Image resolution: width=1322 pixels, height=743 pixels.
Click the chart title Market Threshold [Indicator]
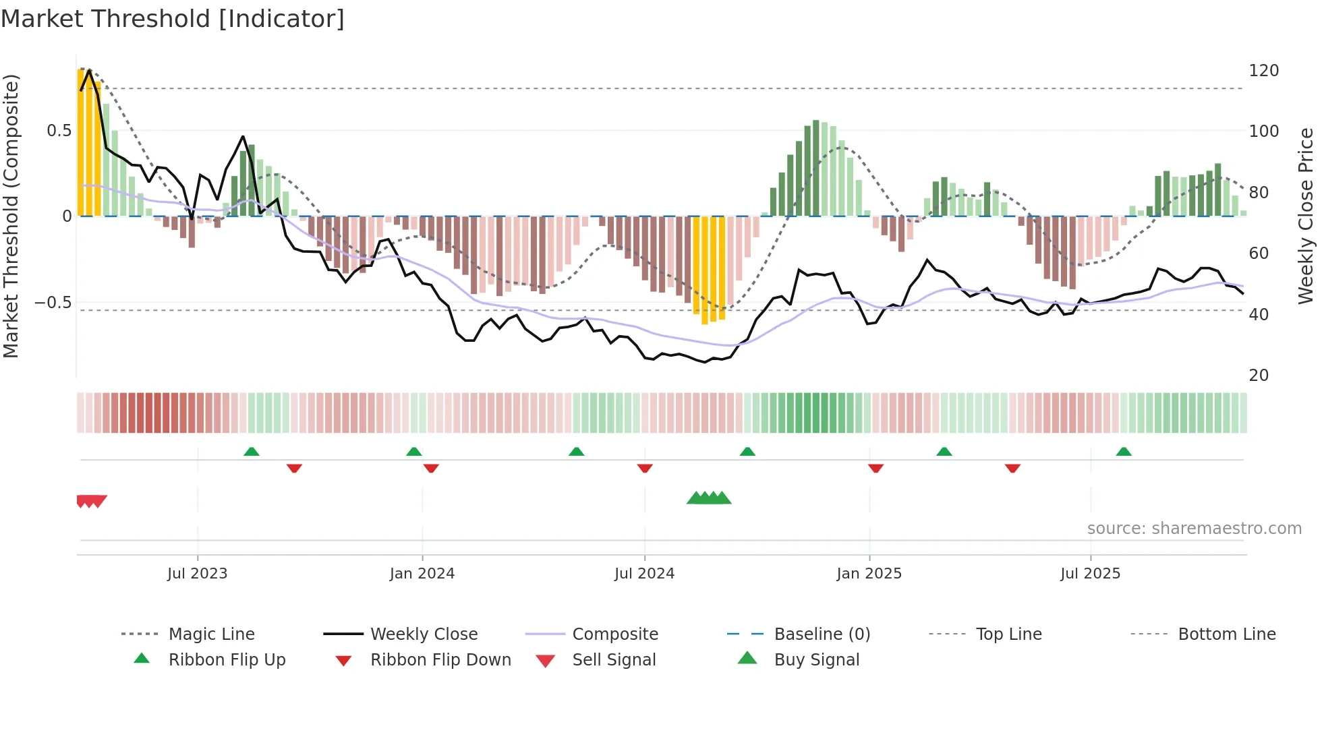tap(173, 19)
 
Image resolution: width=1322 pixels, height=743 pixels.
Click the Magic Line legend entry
tap(211, 634)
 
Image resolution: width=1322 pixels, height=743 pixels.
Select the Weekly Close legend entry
tap(424, 634)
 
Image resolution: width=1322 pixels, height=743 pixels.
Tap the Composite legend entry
tap(614, 634)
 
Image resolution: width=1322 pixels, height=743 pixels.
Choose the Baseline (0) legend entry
tap(822, 634)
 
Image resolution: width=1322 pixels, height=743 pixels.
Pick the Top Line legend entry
tap(1008, 634)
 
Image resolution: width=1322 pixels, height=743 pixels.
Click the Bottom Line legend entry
tap(1226, 634)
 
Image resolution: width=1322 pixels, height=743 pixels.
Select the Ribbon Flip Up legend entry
tap(227, 659)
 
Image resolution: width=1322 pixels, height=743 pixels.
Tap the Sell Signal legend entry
tap(613, 659)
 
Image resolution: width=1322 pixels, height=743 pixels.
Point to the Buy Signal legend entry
tap(816, 659)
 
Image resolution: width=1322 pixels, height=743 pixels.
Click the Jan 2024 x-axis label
tap(422, 573)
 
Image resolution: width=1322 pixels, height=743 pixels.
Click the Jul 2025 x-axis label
tap(1090, 573)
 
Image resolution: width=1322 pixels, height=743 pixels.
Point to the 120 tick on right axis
tap(1263, 71)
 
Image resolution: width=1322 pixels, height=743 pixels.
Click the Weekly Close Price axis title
tap(1306, 216)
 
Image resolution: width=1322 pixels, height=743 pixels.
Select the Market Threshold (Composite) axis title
tap(11, 216)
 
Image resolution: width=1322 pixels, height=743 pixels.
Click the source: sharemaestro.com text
tap(1194, 528)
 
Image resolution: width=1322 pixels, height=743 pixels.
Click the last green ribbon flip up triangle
tap(1124, 452)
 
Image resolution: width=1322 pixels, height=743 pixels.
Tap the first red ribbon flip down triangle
tap(294, 468)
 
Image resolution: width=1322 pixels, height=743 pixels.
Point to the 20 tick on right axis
tap(1259, 375)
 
